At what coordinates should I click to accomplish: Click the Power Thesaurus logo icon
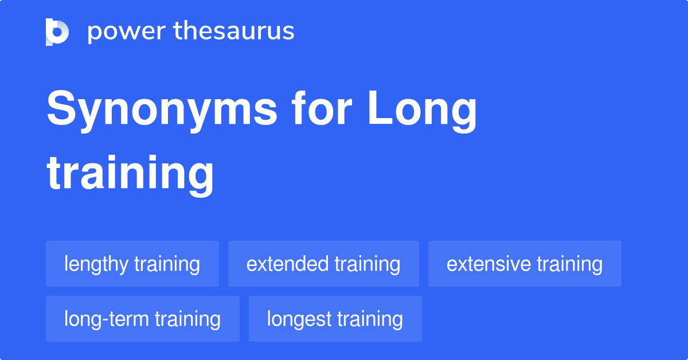[x=57, y=32]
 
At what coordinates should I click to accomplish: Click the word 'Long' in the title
[x=422, y=110]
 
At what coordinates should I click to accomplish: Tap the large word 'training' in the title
[x=131, y=173]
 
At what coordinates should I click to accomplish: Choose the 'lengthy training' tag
[x=132, y=264]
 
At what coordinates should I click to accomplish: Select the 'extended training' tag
[x=323, y=264]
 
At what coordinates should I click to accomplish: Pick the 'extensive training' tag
[x=525, y=264]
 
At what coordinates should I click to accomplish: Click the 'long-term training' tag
[x=142, y=319]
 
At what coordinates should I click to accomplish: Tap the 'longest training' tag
[x=335, y=319]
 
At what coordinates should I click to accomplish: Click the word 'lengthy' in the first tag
[x=96, y=264]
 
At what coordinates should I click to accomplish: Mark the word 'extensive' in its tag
[x=488, y=264]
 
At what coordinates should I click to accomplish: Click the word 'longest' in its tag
[x=298, y=319]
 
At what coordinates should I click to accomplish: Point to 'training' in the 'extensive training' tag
[x=569, y=264]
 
